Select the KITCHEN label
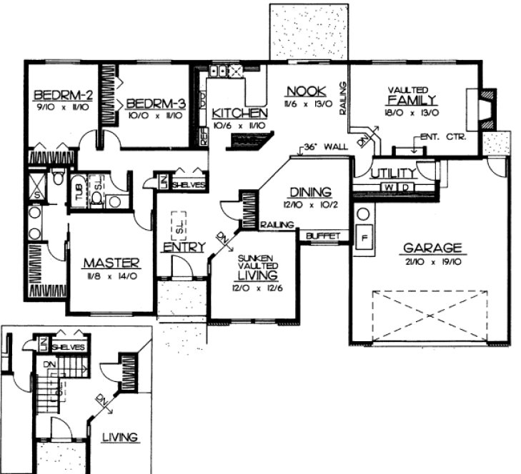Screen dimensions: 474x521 click(240, 114)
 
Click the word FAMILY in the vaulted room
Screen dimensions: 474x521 click(412, 99)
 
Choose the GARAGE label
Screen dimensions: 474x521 click(432, 248)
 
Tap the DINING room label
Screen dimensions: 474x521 click(310, 191)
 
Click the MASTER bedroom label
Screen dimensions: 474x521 click(110, 262)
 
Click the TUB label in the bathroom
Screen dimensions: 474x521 click(78, 192)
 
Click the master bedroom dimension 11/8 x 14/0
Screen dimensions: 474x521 click(110, 275)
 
